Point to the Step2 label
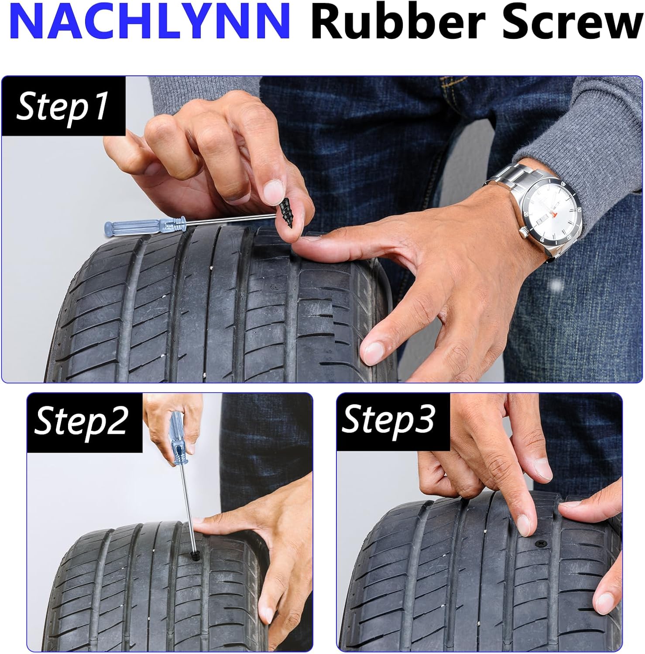82,421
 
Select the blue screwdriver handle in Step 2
178,440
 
